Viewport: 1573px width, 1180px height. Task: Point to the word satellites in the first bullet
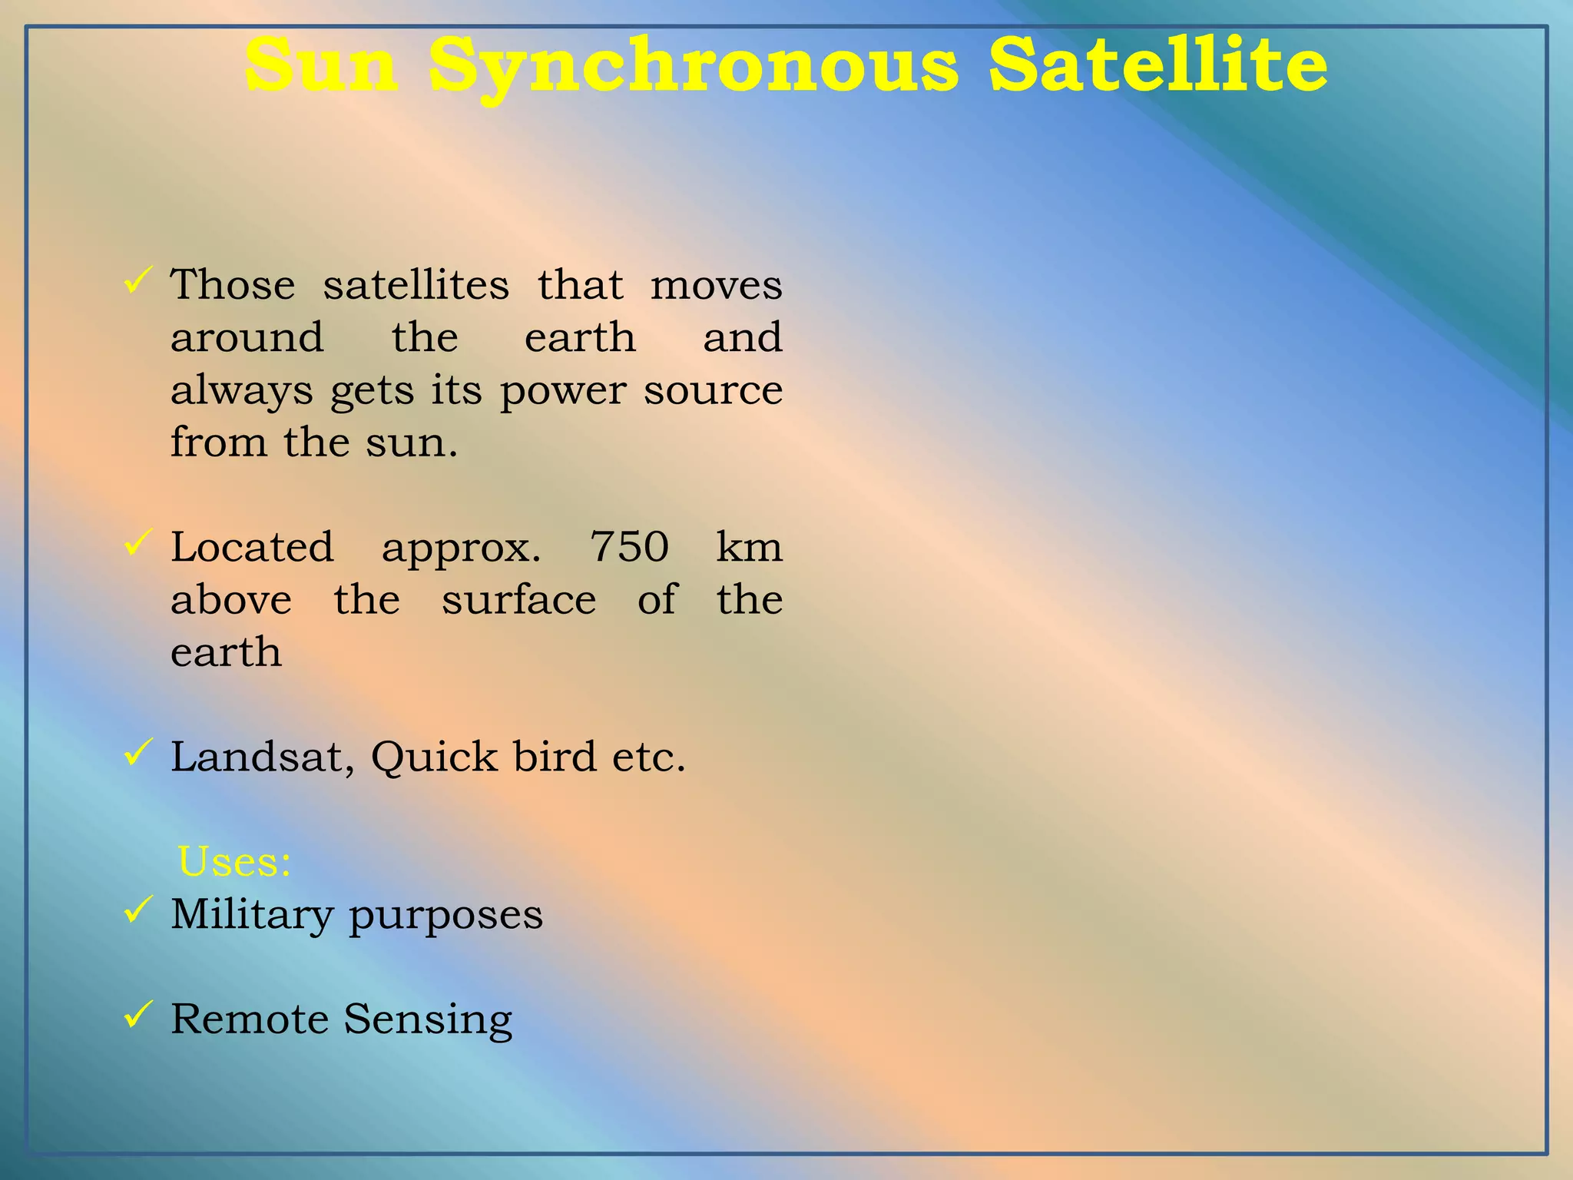pos(416,285)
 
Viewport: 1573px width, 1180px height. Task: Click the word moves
pos(716,285)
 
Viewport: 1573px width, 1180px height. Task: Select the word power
pos(562,391)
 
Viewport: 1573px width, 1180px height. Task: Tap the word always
pos(241,391)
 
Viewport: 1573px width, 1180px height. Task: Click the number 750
pos(629,547)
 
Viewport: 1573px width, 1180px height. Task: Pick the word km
pos(749,547)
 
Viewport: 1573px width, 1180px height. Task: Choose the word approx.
pos(461,549)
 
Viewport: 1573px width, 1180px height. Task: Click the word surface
pos(518,600)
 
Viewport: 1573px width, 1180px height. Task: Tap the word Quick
pos(434,757)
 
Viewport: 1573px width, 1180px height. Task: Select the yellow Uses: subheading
pos(234,861)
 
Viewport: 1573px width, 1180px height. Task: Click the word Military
pos(252,914)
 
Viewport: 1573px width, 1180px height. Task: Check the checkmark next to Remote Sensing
pos(137,1016)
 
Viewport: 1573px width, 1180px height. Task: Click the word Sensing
pos(427,1020)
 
